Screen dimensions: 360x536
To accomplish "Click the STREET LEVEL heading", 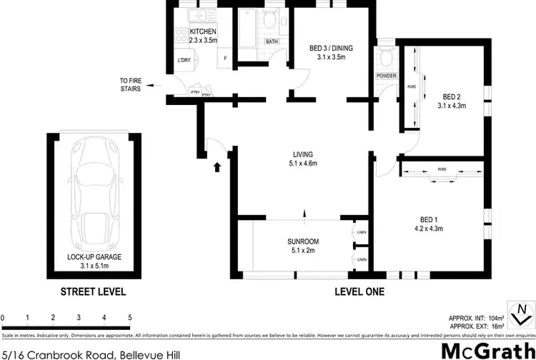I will pyautogui.click(x=93, y=291).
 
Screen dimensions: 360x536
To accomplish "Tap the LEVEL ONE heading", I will pyautogui.click(x=360, y=291).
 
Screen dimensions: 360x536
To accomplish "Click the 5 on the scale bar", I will pyautogui.click(x=130, y=317).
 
